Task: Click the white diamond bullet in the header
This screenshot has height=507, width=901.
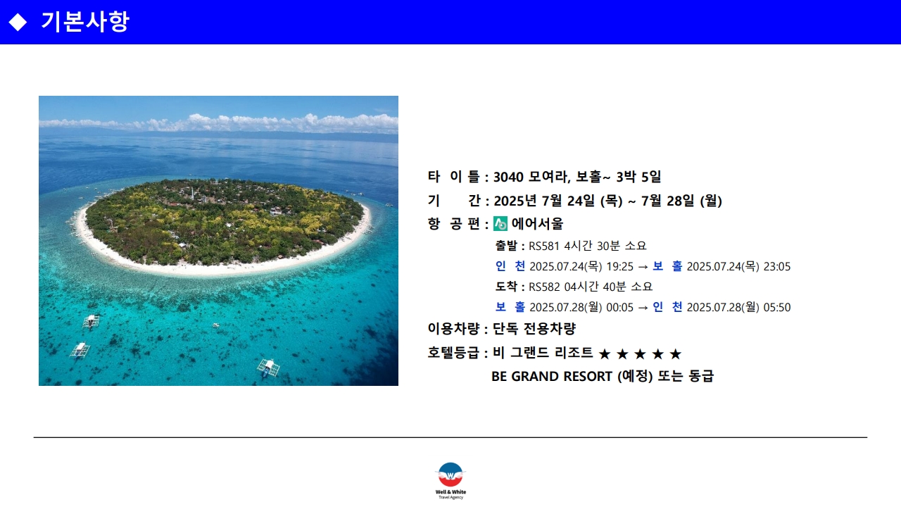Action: pos(18,22)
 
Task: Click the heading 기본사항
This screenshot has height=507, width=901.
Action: pos(85,21)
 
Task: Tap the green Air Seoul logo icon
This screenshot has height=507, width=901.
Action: pos(500,224)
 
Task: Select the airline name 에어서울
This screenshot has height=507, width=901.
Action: pos(537,224)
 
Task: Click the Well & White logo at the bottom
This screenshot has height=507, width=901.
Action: pos(450,481)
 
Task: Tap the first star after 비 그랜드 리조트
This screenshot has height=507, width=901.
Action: pos(605,354)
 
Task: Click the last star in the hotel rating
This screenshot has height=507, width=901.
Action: pos(675,354)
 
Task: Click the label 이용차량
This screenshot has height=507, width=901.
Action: pos(453,329)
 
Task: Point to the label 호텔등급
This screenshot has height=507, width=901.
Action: pos(453,353)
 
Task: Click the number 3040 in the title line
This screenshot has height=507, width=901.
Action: pos(508,177)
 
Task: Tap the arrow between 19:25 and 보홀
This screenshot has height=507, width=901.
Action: pos(643,267)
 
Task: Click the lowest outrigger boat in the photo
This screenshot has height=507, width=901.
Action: pos(269,368)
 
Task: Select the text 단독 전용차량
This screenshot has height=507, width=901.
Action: pos(534,329)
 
